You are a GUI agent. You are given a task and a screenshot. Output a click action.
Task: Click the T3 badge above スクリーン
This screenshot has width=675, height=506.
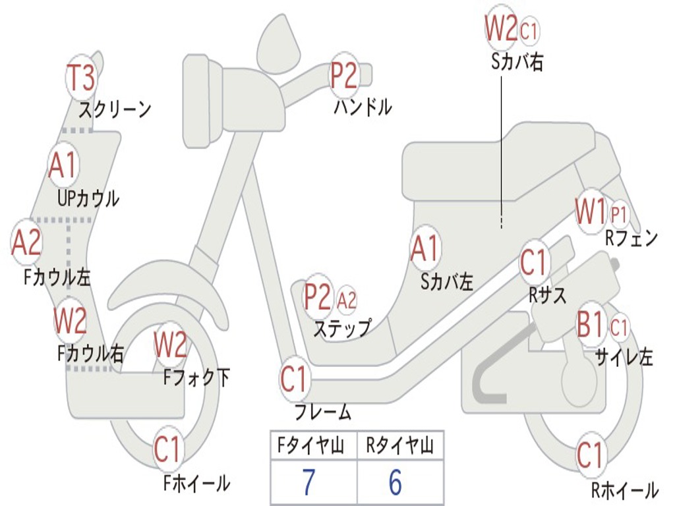coord(81,78)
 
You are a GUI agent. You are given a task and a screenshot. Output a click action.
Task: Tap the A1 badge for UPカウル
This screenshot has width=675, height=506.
coord(63,165)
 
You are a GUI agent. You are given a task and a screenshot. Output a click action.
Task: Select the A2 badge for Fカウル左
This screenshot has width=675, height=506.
coord(26,242)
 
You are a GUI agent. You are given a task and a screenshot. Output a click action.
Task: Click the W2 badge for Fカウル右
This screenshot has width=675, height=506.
coord(70,321)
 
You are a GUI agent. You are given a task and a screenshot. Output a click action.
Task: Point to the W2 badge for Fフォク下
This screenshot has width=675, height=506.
coord(170,345)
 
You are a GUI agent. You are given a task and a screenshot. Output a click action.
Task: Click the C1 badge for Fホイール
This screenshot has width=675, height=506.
coord(167,450)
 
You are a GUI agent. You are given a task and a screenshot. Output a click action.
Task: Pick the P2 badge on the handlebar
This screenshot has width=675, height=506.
coord(344,76)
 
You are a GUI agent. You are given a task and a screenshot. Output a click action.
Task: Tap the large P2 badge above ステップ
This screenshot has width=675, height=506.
coord(318,297)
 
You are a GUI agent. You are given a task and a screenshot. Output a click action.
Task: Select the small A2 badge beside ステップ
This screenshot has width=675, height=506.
coord(347,300)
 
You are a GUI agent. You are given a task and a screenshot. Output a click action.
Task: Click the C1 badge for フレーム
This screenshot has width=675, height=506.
coord(294,379)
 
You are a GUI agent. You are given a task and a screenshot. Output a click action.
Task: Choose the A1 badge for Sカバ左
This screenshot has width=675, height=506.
coord(425,249)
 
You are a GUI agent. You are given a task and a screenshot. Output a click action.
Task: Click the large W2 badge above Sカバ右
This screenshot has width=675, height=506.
coord(501,28)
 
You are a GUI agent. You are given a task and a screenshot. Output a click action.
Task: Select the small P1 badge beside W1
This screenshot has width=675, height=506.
coord(619,214)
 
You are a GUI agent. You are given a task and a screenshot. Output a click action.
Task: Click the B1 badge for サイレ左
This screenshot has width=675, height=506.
coord(591,325)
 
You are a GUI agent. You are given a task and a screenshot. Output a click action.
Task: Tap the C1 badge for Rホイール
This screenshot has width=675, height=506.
coord(590,455)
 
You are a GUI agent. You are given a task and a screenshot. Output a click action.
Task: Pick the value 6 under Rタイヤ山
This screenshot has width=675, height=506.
coord(395,482)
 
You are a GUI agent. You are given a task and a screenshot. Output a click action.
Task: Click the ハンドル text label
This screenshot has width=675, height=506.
coord(362,107)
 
